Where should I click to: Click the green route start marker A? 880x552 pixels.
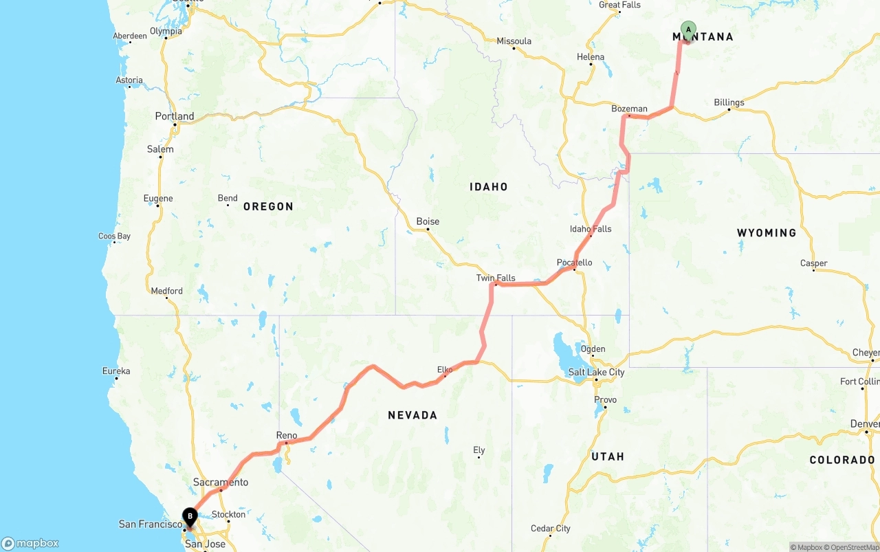(x=688, y=30)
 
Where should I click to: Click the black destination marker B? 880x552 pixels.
(x=190, y=516)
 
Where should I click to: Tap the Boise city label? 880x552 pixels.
(x=428, y=221)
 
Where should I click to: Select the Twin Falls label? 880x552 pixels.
(x=496, y=278)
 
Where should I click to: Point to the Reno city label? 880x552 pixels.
(x=287, y=435)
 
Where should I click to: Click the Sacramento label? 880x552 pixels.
(x=221, y=482)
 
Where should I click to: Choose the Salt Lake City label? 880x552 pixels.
(x=597, y=372)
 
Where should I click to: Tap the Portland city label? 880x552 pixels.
(x=175, y=116)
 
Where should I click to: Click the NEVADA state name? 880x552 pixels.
(x=412, y=415)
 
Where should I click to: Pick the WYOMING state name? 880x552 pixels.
(x=767, y=233)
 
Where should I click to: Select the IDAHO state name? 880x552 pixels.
(x=489, y=186)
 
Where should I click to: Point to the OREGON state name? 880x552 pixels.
(x=268, y=206)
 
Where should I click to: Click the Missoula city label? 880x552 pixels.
(x=514, y=41)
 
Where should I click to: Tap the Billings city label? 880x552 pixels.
(x=729, y=102)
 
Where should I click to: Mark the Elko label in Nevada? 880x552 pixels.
(x=445, y=370)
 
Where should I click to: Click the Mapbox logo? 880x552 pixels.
(x=30, y=543)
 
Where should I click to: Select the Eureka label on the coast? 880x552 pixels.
(x=116, y=371)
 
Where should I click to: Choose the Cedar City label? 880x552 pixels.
(x=551, y=529)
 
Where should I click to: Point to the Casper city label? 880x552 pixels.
(x=814, y=263)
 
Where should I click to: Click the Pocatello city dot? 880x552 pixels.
(x=575, y=269)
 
